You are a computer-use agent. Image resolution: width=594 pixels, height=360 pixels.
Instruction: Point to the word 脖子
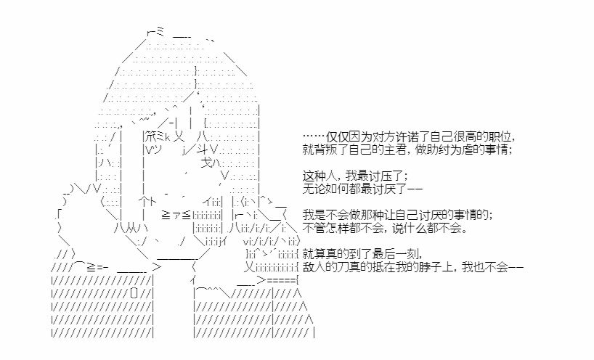(431, 267)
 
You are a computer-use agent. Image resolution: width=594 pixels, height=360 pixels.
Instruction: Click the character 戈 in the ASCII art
(206, 163)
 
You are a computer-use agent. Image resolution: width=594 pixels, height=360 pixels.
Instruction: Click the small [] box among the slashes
(134, 293)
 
